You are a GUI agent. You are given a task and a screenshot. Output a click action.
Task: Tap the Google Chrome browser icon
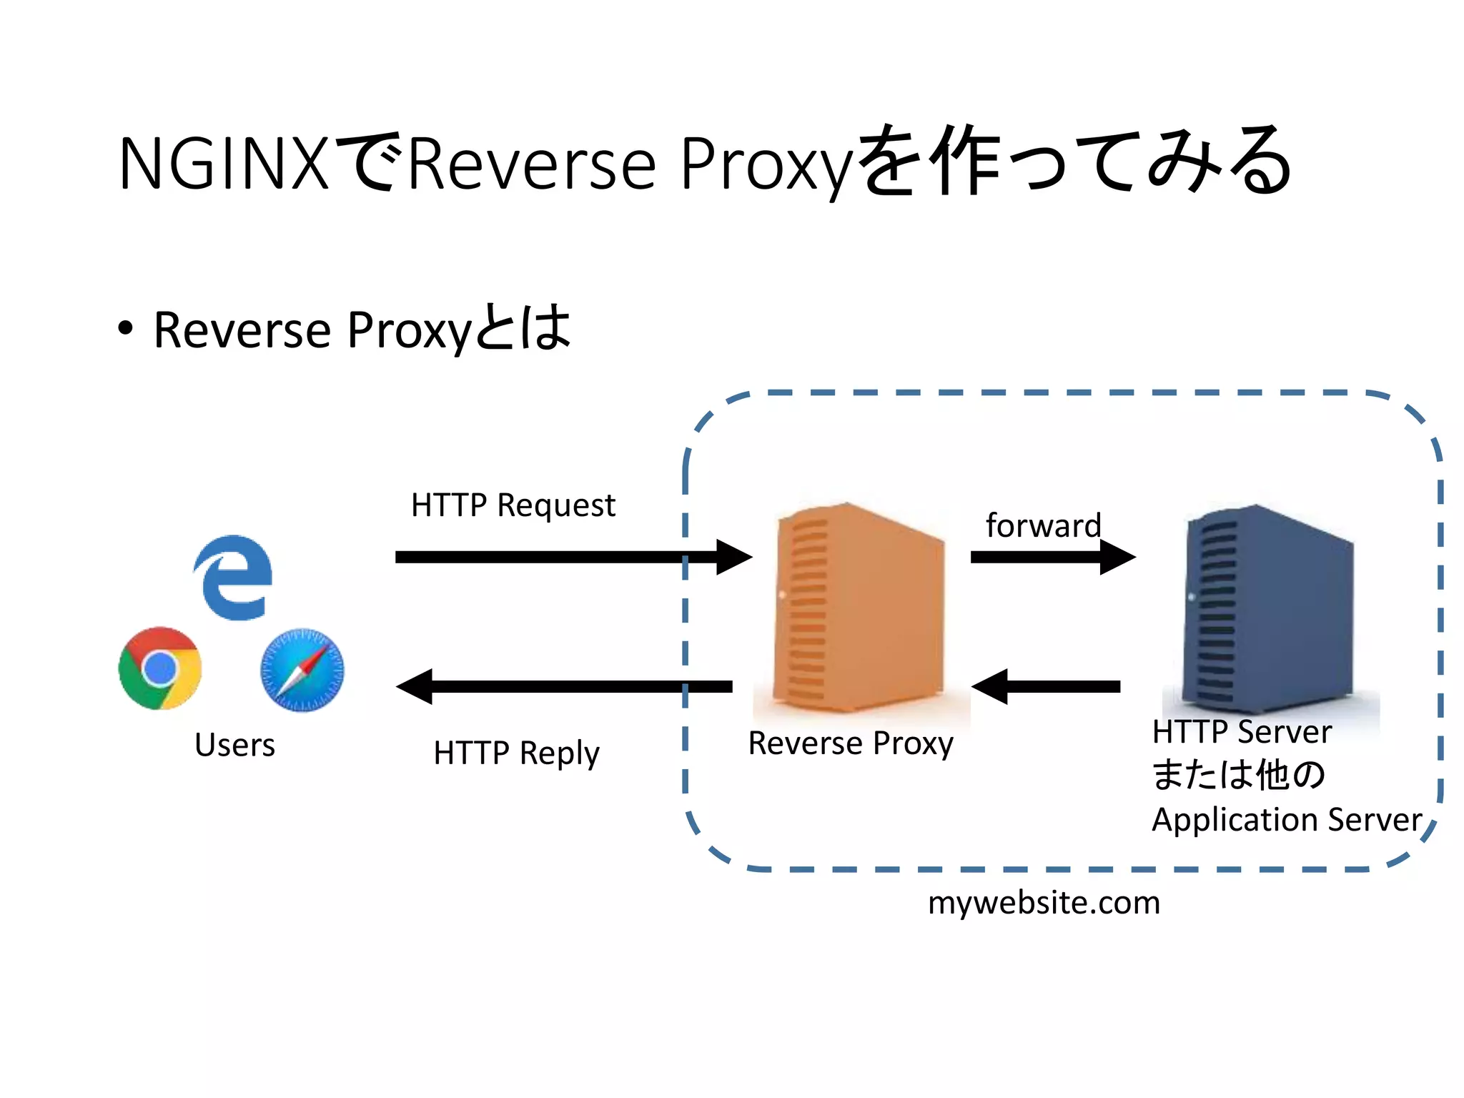click(x=160, y=668)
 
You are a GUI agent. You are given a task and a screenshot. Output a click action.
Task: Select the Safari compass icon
click(x=302, y=670)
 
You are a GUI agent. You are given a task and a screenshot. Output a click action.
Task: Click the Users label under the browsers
click(x=234, y=745)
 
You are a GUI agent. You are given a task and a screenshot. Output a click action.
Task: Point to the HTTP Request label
click(x=513, y=505)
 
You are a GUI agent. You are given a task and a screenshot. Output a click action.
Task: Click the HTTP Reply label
click(x=516, y=753)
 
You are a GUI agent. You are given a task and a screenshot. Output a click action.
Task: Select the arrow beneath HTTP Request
click(x=572, y=557)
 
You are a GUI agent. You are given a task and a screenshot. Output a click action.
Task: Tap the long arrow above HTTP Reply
click(x=565, y=686)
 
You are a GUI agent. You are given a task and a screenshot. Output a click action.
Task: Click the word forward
click(x=1043, y=525)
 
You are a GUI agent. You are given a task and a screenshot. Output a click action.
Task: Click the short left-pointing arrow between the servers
click(x=1046, y=686)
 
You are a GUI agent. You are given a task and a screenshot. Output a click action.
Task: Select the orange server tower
click(x=858, y=608)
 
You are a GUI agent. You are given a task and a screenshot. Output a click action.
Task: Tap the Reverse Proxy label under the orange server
click(x=851, y=743)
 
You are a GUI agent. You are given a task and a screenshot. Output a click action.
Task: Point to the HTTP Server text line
click(x=1242, y=732)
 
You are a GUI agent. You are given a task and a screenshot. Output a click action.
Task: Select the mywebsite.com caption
click(x=1044, y=903)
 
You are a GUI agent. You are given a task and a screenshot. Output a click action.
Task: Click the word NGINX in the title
click(x=223, y=164)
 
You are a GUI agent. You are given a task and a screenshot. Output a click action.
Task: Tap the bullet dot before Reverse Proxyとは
click(x=126, y=329)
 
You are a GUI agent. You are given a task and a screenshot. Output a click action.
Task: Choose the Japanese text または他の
click(x=1239, y=775)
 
